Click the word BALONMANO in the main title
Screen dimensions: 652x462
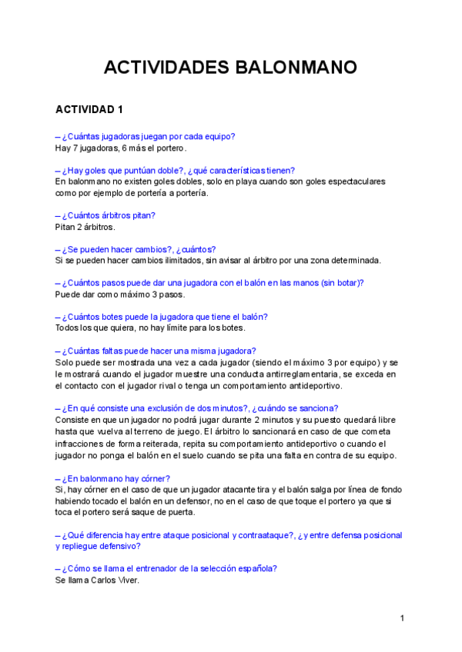[296, 68]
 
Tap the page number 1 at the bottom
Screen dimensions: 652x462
[402, 617]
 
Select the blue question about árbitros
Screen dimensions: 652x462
[105, 215]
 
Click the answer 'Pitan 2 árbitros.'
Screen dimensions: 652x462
[85, 227]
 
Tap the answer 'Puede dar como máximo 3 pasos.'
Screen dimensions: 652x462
[120, 294]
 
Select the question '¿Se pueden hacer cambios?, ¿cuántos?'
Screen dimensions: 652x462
[136, 249]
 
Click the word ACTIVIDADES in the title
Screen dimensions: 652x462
[163, 68]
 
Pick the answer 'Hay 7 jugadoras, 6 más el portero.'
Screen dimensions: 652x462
[121, 148]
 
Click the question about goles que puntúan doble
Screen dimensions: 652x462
[175, 170]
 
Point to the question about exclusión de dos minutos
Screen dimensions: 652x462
[196, 408]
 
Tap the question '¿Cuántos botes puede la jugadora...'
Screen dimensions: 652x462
[162, 317]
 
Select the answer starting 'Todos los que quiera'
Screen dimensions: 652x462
[150, 328]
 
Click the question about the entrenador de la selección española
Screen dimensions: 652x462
[166, 569]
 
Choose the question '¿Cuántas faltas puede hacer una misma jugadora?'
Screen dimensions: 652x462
[156, 351]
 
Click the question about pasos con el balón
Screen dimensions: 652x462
[209, 283]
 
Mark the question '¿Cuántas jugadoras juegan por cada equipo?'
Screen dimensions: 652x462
[145, 136]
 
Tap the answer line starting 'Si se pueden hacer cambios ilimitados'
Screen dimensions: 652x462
[223, 261]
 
